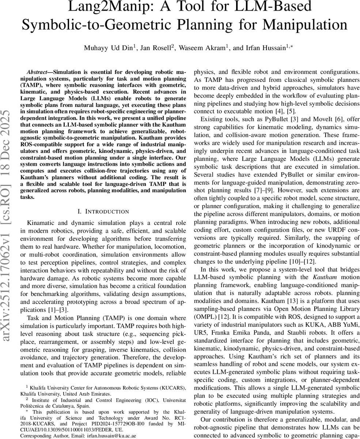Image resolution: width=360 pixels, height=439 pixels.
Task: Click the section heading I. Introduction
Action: tap(103, 211)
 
